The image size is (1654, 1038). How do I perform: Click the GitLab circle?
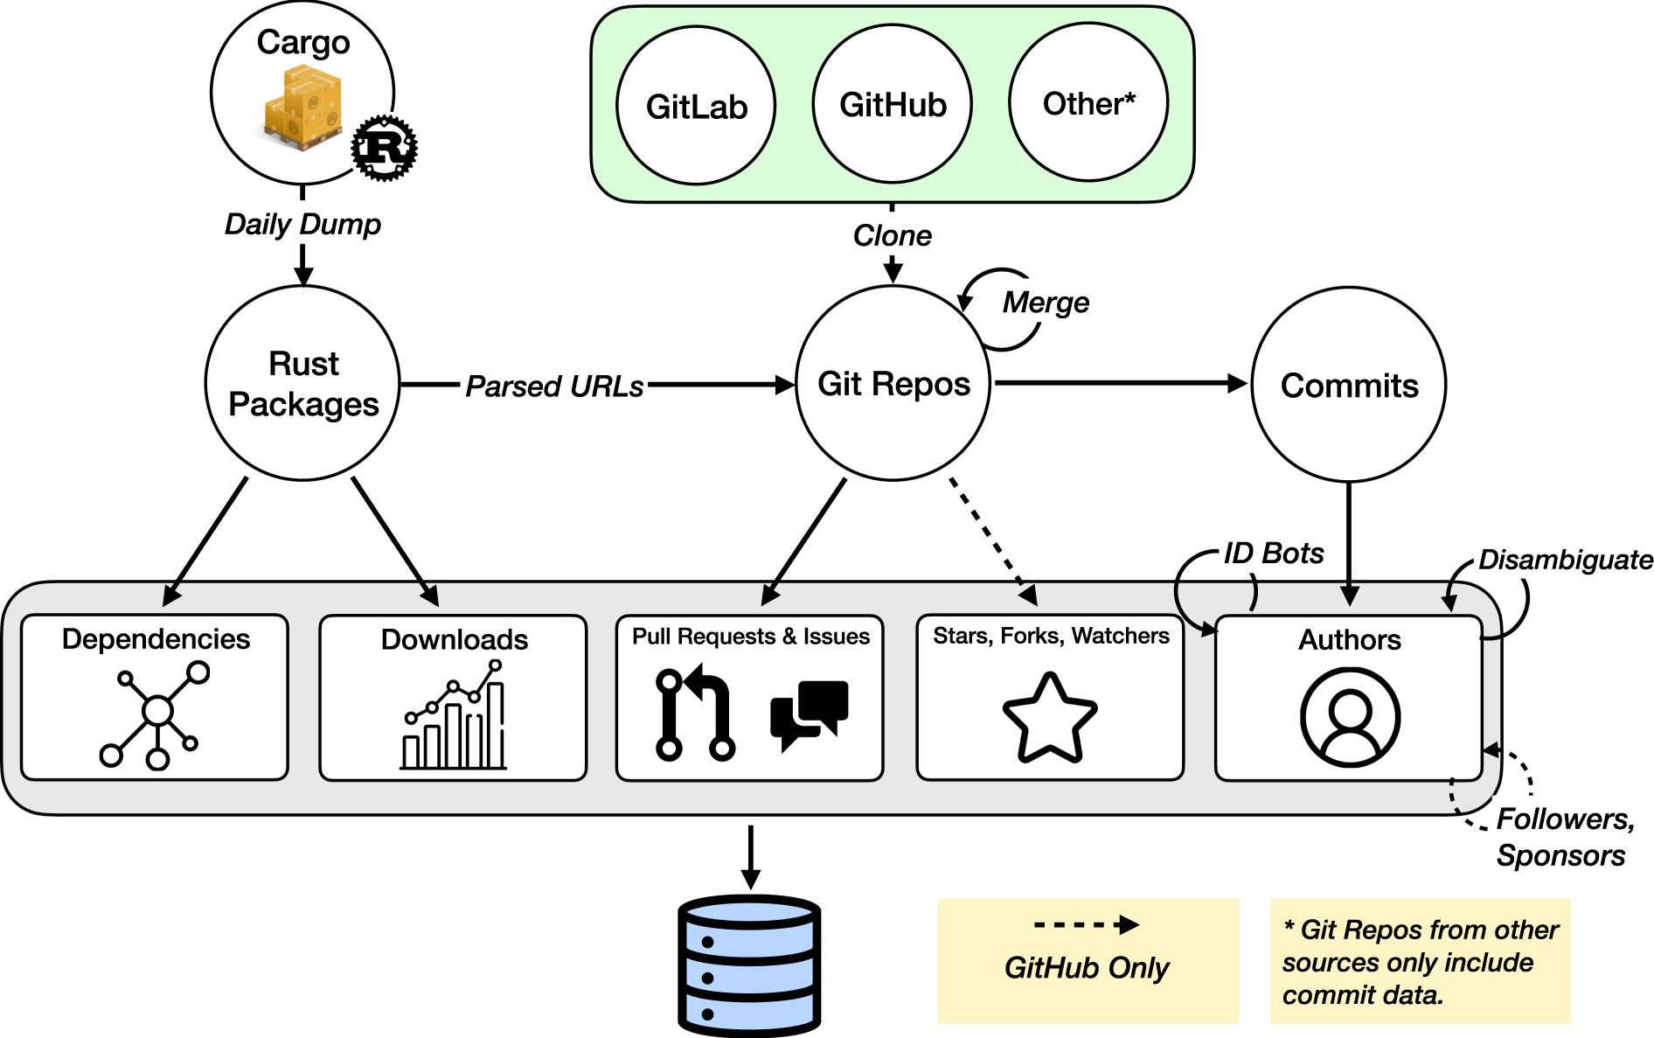(696, 105)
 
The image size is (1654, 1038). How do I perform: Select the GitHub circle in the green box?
(893, 103)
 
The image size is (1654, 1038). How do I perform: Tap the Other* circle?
(1088, 102)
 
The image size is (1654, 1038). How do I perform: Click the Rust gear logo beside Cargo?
(385, 148)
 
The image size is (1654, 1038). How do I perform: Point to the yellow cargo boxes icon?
(302, 108)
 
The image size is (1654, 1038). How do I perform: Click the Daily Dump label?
(302, 224)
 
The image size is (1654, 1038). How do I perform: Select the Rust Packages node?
(302, 383)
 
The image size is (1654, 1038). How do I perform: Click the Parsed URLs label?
(554, 386)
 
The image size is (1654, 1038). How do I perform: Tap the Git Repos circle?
(893, 383)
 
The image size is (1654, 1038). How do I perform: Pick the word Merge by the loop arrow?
(1046, 303)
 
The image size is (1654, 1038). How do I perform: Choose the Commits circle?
(1349, 385)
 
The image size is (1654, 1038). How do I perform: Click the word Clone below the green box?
(893, 235)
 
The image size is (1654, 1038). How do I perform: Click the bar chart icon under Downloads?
(454, 714)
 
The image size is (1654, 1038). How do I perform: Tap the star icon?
(1050, 718)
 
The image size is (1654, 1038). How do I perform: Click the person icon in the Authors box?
(1350, 718)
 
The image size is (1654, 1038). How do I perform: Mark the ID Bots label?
(1273, 553)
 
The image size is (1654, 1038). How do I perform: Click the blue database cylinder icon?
(749, 965)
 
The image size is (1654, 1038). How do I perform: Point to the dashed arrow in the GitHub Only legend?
(1086, 925)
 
